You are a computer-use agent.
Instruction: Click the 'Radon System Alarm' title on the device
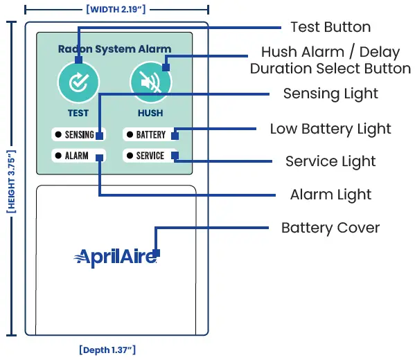[x=114, y=49]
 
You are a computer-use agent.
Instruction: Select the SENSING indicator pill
[x=78, y=135]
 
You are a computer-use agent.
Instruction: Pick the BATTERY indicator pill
[x=150, y=135]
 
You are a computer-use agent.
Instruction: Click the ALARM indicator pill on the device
[x=78, y=156]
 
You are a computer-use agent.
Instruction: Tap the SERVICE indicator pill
[x=150, y=156]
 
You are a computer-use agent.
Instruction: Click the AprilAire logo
[x=115, y=258]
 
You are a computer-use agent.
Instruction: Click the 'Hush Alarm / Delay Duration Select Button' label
[x=330, y=60]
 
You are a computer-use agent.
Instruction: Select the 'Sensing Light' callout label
[x=330, y=93]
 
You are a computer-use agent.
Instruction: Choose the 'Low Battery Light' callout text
[x=330, y=129]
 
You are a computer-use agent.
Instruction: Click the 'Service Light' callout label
[x=330, y=161]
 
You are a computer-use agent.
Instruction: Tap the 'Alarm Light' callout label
[x=330, y=195]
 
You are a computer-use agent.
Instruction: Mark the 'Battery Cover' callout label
[x=330, y=228]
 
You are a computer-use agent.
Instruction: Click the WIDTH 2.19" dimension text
[x=116, y=9]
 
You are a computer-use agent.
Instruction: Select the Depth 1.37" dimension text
[x=113, y=349]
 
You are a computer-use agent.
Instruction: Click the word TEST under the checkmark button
[x=78, y=113]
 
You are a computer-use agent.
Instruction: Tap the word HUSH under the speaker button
[x=150, y=113]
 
